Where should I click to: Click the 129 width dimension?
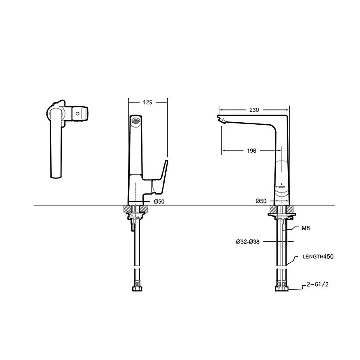click(148, 103)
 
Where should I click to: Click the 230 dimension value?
click(254, 110)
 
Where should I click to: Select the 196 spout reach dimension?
click(251, 151)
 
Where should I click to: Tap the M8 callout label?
click(306, 228)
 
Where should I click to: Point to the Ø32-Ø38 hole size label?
click(247, 242)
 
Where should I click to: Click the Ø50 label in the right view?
click(261, 201)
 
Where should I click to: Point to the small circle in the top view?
click(77, 115)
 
